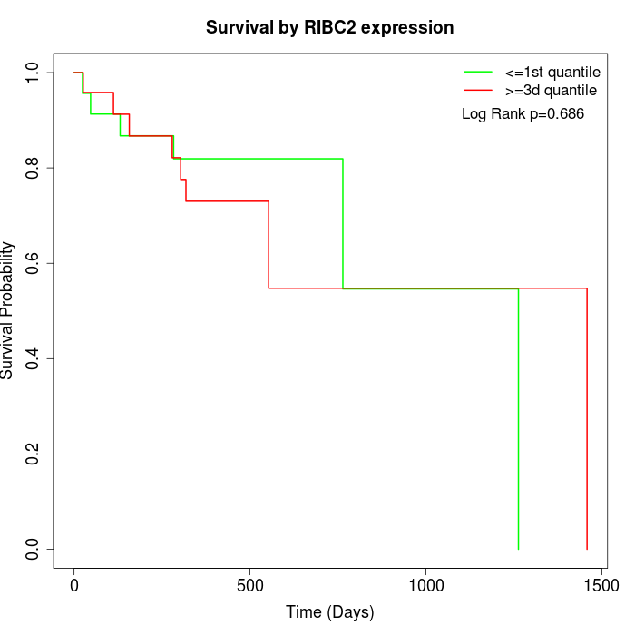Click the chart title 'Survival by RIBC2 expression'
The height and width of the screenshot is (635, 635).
[329, 27]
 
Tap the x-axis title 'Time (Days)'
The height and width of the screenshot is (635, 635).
[329, 612]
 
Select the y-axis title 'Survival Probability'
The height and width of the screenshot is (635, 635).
[8, 310]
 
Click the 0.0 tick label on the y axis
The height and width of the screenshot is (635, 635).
[33, 549]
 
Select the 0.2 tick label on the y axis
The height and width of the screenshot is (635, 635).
[33, 454]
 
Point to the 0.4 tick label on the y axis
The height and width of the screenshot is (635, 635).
[33, 358]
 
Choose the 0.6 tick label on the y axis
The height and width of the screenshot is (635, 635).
[33, 263]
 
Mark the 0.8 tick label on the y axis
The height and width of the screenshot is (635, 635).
[33, 168]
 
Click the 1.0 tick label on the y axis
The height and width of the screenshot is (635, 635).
[33, 73]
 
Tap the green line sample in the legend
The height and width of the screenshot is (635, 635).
[478, 72]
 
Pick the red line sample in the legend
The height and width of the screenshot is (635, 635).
[478, 90]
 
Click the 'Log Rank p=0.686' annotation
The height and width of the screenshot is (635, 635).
[523, 114]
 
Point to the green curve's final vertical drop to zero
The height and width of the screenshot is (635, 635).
[518, 417]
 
